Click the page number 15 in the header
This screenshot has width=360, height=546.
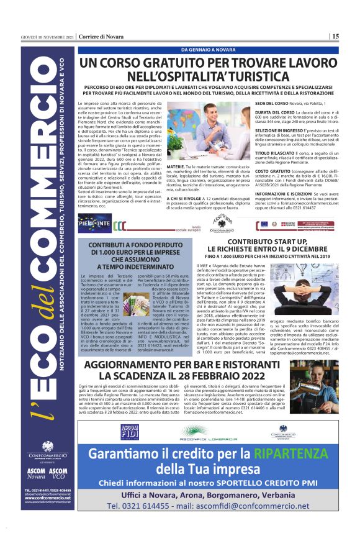pyautogui.click(x=335, y=37)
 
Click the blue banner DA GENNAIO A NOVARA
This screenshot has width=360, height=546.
pyautogui.click(x=207, y=49)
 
